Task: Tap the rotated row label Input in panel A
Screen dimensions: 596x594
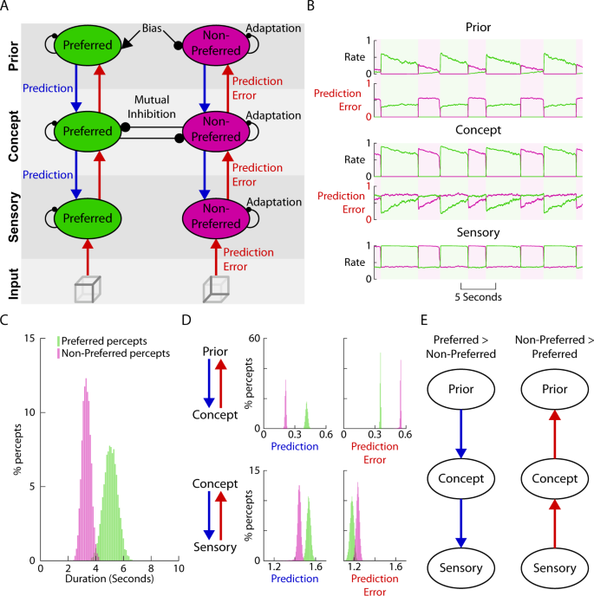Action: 13,283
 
